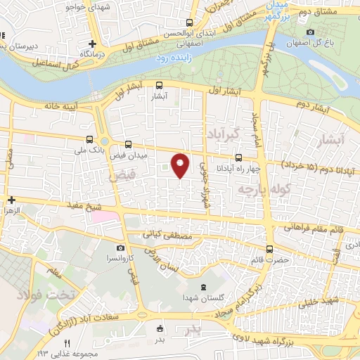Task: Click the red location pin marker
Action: point(181,164)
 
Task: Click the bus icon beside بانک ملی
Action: point(89,140)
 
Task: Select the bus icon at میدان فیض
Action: point(127,143)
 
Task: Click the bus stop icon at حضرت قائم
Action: point(269,249)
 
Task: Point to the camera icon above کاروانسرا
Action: point(121,248)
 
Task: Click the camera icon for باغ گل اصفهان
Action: point(311,32)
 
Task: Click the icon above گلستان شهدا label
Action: point(203,285)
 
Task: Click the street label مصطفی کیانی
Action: point(167,234)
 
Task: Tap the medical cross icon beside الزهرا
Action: point(11,199)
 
